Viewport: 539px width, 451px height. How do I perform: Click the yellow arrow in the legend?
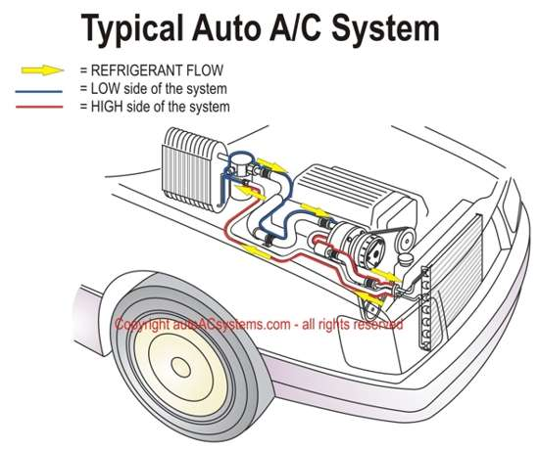point(42,70)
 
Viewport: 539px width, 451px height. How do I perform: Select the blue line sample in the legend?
point(39,92)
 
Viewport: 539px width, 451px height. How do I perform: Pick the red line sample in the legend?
point(39,108)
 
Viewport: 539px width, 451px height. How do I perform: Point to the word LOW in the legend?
point(106,89)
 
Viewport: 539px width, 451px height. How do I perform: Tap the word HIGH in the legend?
point(107,107)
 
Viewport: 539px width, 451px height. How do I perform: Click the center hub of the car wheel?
point(180,367)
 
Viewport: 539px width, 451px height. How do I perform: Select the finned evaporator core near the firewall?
point(194,169)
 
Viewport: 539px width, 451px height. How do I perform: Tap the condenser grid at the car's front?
point(451,278)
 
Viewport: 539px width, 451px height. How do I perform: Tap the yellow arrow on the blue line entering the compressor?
point(315,209)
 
